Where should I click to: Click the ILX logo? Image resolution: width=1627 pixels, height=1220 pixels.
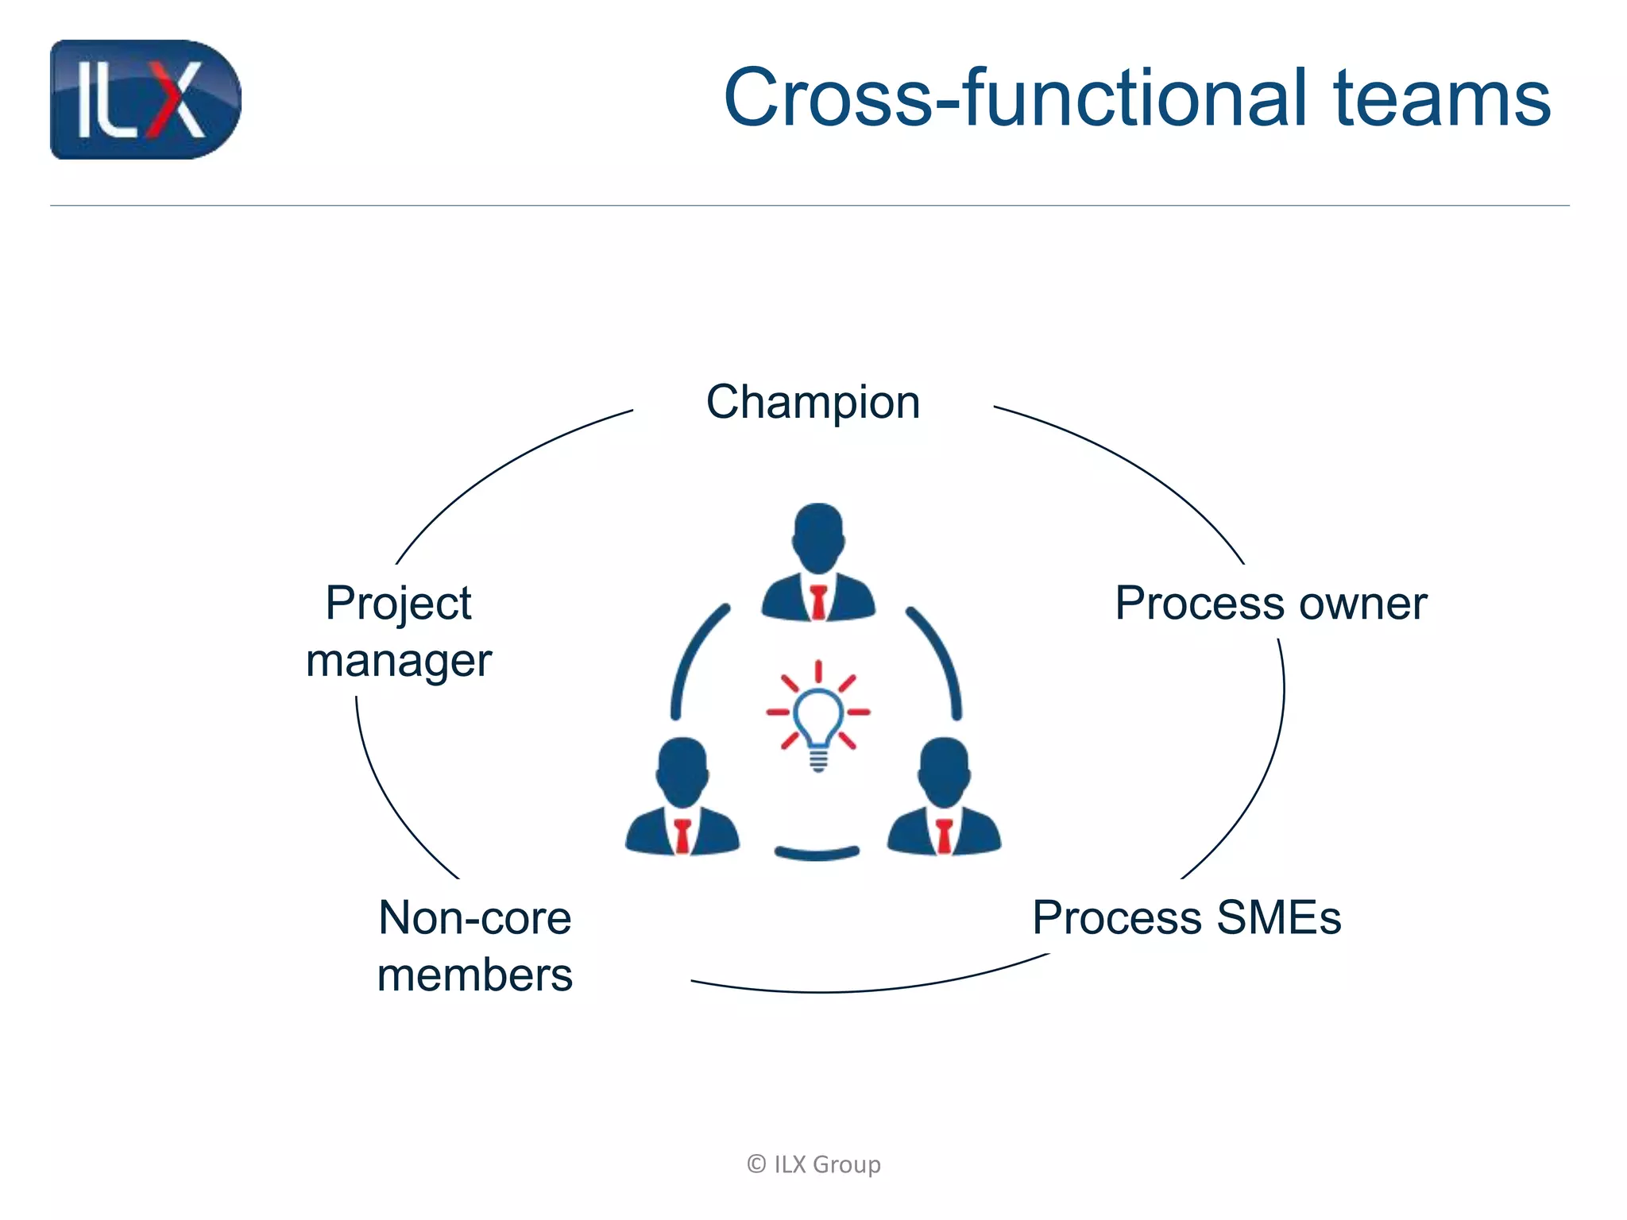pos(145,99)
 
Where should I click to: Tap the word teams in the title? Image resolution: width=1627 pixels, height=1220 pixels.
pos(1442,98)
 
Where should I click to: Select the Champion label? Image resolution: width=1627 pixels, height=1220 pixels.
pos(813,402)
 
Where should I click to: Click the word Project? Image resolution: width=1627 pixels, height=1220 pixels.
pos(398,604)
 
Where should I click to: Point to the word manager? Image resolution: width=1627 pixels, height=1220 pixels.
pos(398,661)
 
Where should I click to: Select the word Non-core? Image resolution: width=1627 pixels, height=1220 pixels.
pos(474,918)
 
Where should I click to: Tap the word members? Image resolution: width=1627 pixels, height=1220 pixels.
pos(474,975)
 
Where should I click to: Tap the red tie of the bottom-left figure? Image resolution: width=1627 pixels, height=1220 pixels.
pos(682,836)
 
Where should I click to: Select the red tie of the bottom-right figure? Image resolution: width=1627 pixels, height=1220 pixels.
pos(944,836)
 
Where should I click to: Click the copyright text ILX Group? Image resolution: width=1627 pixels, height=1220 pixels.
pos(813,1164)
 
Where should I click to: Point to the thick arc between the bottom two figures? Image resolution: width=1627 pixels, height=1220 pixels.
pos(817,855)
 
